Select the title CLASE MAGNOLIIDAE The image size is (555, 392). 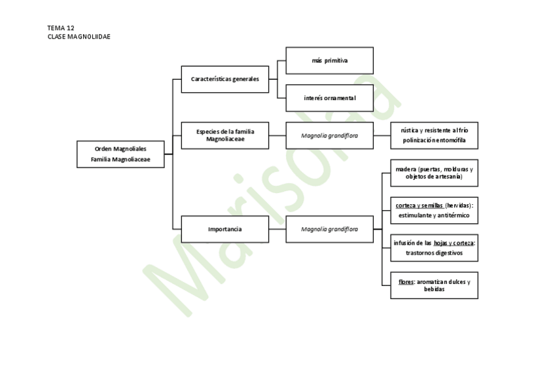pyautogui.click(x=79, y=37)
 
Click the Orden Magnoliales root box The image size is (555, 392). pyautogui.click(x=120, y=154)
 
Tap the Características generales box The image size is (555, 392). pyautogui.click(x=225, y=79)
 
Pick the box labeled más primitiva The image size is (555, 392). pyautogui.click(x=330, y=60)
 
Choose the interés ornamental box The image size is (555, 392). pyautogui.click(x=330, y=98)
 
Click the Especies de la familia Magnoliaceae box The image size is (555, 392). pyautogui.click(x=225, y=135)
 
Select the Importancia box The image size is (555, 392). pyautogui.click(x=225, y=229)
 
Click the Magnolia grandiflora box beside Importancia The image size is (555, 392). pyautogui.click(x=330, y=229)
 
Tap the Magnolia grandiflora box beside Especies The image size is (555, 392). pyautogui.click(x=330, y=135)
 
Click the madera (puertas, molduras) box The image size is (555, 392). pyautogui.click(x=434, y=173)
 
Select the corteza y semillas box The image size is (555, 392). pyautogui.click(x=434, y=210)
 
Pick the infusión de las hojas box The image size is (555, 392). pyautogui.click(x=434, y=247)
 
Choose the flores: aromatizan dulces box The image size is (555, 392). pyautogui.click(x=434, y=285)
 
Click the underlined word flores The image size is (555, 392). pyautogui.click(x=406, y=281)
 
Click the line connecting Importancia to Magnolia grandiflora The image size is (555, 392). pyautogui.click(x=277, y=229)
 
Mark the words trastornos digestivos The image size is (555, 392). pyautogui.click(x=434, y=253)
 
